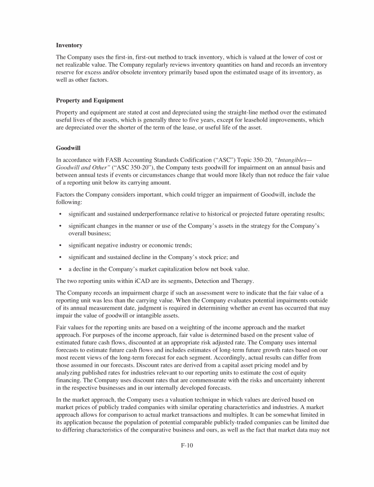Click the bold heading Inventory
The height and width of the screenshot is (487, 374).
(69, 45)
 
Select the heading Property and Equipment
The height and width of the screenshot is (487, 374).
(90, 101)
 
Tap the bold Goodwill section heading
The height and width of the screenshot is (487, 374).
(69, 148)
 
